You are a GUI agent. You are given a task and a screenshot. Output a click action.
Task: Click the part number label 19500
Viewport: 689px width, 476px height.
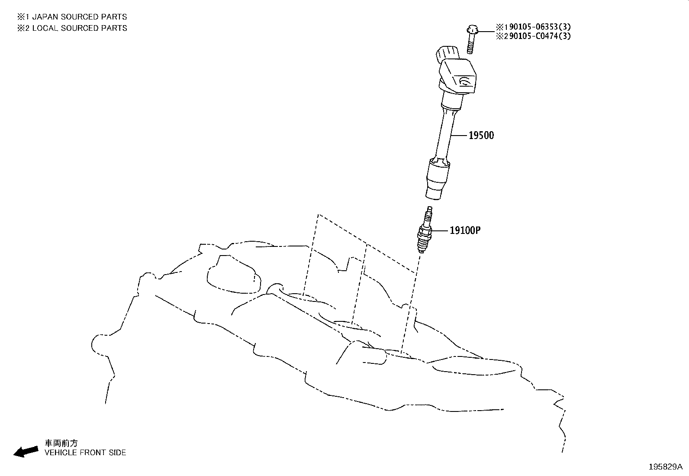click(x=481, y=136)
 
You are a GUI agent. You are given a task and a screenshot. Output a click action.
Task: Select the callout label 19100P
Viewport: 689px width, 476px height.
click(x=465, y=230)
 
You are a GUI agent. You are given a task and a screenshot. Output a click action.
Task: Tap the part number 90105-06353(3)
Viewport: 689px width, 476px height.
click(x=540, y=27)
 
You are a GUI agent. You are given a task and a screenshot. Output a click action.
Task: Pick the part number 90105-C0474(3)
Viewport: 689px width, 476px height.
click(x=540, y=36)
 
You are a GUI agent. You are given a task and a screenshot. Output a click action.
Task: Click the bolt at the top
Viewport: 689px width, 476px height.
click(x=471, y=39)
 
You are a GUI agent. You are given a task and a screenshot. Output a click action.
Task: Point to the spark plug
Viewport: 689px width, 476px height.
click(x=425, y=230)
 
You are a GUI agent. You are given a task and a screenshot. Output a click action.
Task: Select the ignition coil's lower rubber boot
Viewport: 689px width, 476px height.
click(x=438, y=178)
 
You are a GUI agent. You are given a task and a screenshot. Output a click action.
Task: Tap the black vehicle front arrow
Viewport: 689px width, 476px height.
click(x=26, y=452)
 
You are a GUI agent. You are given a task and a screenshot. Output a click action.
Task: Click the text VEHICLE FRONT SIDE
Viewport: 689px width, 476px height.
click(x=85, y=453)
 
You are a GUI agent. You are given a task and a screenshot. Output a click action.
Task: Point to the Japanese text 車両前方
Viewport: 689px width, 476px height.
click(x=61, y=444)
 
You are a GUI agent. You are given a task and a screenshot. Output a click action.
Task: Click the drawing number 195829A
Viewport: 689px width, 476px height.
click(x=666, y=467)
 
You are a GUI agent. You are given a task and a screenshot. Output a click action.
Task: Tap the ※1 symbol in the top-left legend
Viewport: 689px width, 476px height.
click(x=23, y=16)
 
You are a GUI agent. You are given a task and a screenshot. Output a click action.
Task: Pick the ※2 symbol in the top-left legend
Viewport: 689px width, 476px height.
click(x=23, y=28)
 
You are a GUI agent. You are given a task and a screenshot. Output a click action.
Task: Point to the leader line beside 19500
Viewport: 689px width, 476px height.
click(x=459, y=136)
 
